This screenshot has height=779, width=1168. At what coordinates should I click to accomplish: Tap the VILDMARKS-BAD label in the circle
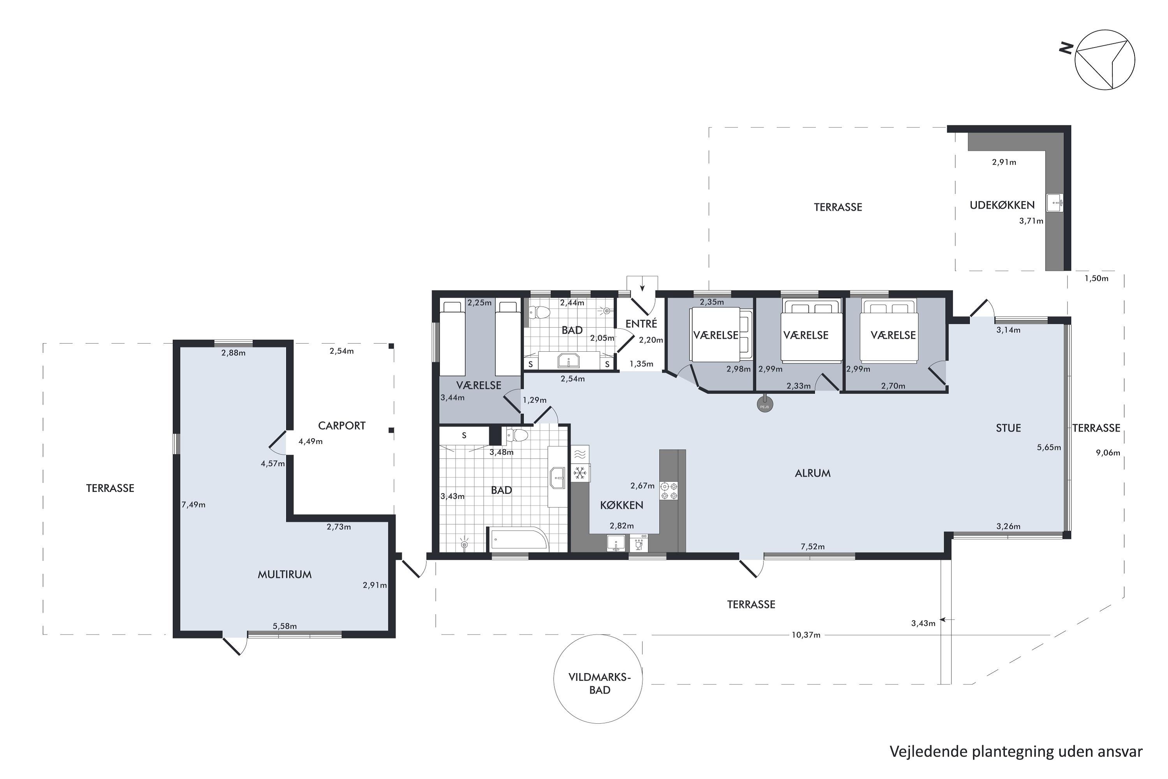600,684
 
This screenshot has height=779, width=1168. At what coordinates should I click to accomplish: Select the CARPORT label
342,426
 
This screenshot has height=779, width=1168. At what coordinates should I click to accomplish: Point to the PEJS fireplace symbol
765,405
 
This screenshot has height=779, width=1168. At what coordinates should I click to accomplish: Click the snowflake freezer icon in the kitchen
580,473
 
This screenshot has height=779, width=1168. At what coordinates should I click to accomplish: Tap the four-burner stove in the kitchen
668,491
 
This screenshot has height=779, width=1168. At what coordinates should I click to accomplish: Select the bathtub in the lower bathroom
519,539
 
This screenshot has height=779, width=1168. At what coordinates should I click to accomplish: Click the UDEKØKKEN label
1002,205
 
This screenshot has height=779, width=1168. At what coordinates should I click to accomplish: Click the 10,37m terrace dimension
806,635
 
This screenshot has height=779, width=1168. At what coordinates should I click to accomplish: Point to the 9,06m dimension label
1108,453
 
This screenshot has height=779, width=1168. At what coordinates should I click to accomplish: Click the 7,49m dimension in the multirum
193,505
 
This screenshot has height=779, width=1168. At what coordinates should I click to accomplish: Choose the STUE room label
1008,428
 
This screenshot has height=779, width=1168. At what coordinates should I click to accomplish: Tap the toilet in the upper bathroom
539,312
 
